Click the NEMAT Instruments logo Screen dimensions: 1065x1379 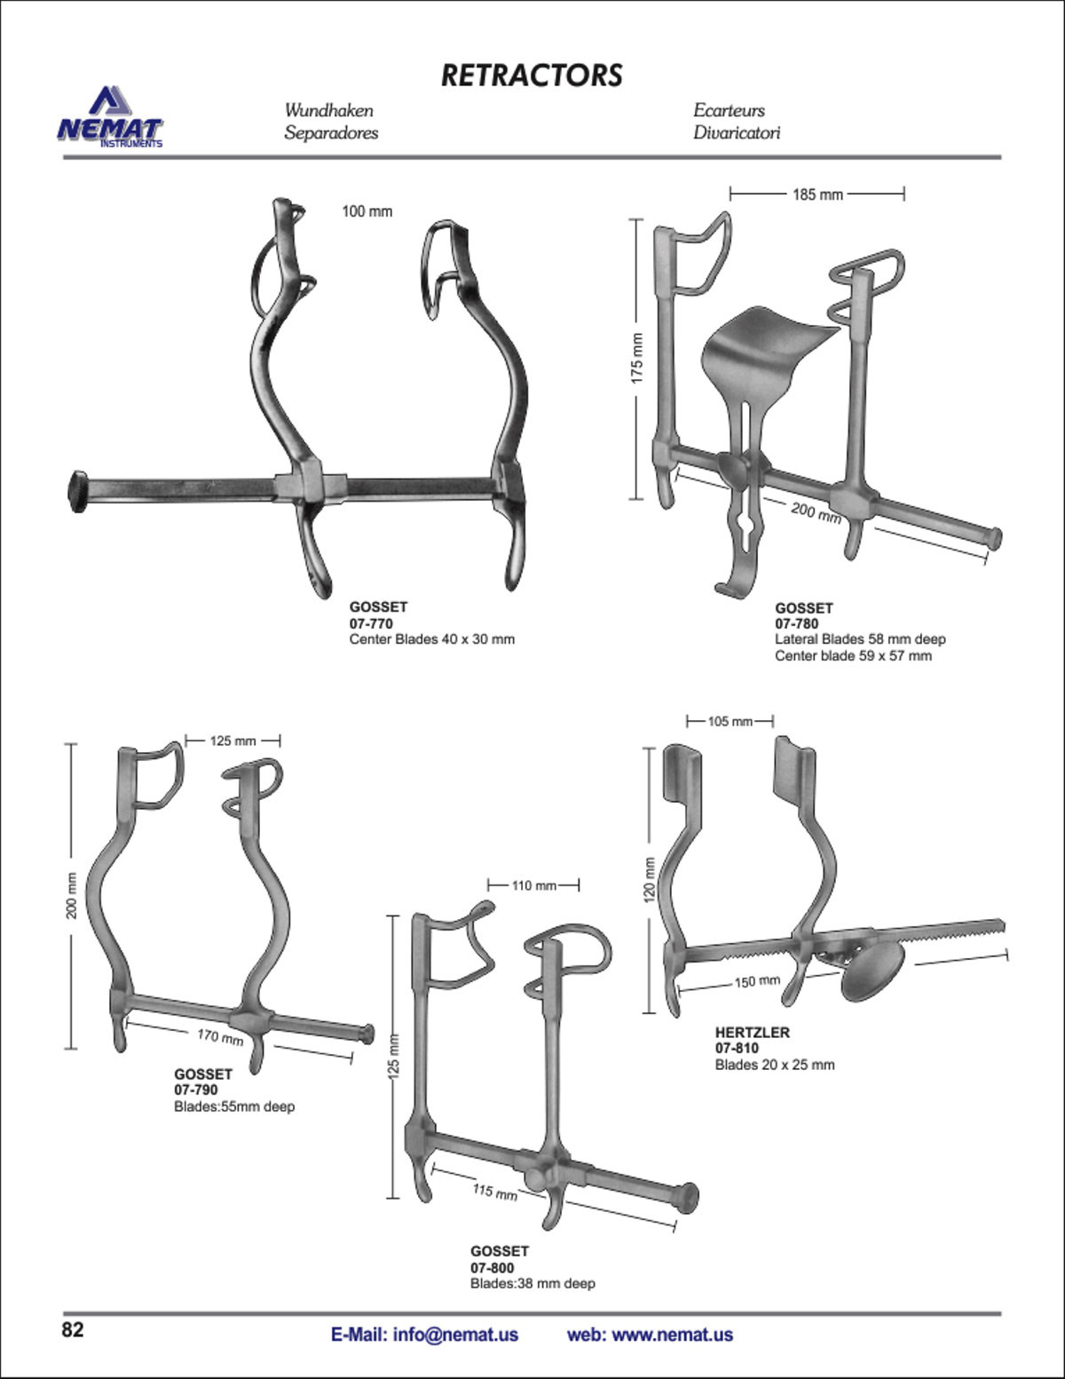(110, 117)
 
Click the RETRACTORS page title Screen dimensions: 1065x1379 (532, 75)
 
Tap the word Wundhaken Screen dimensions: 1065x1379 (328, 110)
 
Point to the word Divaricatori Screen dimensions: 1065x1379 (737, 132)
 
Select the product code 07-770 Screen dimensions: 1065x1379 (371, 623)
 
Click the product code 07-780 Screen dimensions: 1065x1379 (797, 624)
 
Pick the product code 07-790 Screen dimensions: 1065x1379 (196, 1090)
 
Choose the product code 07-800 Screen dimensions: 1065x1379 (493, 1268)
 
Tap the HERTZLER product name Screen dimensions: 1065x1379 (753, 1033)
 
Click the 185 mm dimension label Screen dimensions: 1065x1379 (817, 194)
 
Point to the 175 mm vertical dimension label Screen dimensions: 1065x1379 (637, 358)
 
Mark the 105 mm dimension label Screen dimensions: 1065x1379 (730, 722)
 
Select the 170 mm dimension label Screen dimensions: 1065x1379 (220, 1037)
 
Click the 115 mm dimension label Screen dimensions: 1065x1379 (494, 1192)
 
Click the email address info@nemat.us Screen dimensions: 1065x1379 (424, 1335)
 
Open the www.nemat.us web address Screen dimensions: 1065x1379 (673, 1335)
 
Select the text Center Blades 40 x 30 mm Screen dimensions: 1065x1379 (432, 639)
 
